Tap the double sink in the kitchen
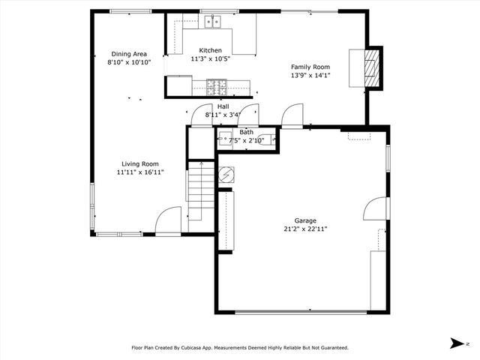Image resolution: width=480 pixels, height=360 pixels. click(214, 22)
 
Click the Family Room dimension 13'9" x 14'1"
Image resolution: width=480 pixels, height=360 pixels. click(310, 75)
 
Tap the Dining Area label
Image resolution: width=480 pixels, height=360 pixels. click(129, 54)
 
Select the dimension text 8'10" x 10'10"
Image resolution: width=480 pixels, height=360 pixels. click(129, 63)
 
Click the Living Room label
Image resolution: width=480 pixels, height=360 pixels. click(140, 163)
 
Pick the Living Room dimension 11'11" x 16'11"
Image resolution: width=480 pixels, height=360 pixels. click(140, 172)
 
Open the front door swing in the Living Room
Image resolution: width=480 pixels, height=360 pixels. click(168, 220)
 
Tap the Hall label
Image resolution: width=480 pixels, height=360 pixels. click(223, 106)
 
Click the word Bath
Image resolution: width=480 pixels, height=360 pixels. click(246, 132)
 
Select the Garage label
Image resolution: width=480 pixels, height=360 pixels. click(305, 220)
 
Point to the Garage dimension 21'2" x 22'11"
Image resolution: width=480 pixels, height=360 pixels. click(305, 229)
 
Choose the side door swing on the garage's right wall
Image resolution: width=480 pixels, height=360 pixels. click(376, 209)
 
